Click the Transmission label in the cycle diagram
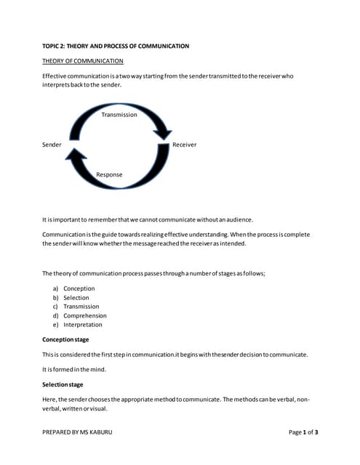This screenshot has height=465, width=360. [x=119, y=115]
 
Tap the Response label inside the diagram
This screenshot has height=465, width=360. [x=109, y=174]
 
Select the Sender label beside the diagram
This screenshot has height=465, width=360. [x=52, y=145]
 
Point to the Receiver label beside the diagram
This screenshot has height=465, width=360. [x=184, y=145]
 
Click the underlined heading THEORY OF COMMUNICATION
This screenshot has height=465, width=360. [x=82, y=61]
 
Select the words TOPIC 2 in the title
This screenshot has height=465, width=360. [x=55, y=46]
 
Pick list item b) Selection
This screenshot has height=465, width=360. [x=76, y=298]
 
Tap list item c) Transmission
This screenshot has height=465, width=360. [x=81, y=307]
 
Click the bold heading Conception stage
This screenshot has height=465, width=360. [x=65, y=339]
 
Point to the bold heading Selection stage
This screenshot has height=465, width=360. [x=63, y=384]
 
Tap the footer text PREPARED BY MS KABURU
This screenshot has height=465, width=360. [x=77, y=432]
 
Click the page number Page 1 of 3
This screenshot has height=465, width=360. [x=303, y=432]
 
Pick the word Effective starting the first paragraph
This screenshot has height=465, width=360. [x=55, y=76]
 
